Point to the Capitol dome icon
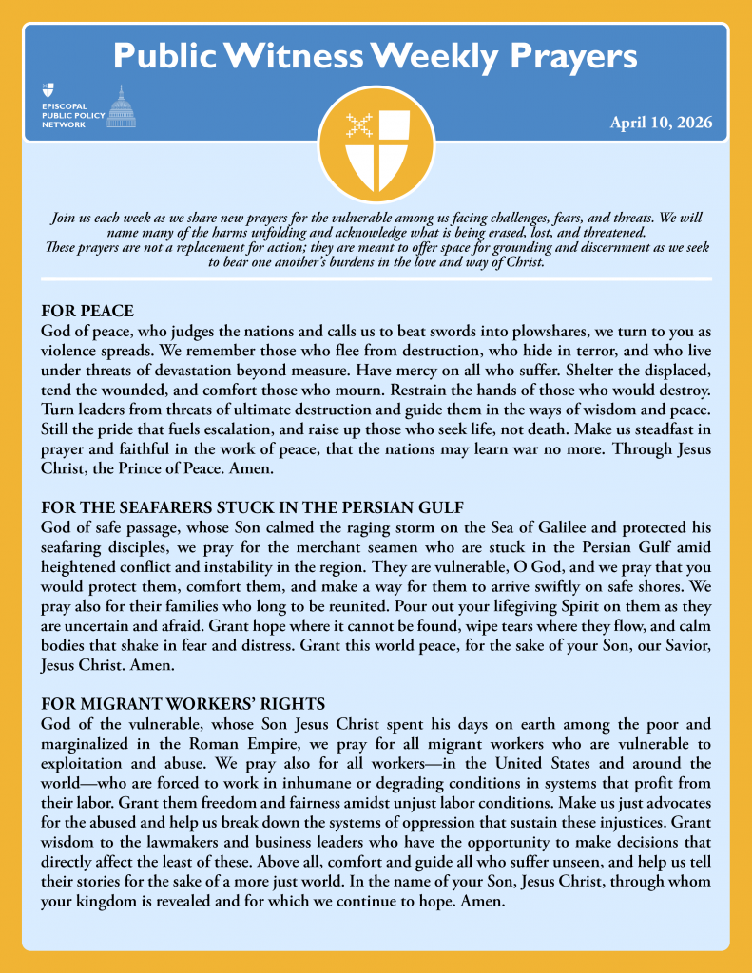pos(121,106)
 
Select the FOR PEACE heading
pos(87,311)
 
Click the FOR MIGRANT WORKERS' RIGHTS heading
pos(183,704)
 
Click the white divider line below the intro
pos(376,279)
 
